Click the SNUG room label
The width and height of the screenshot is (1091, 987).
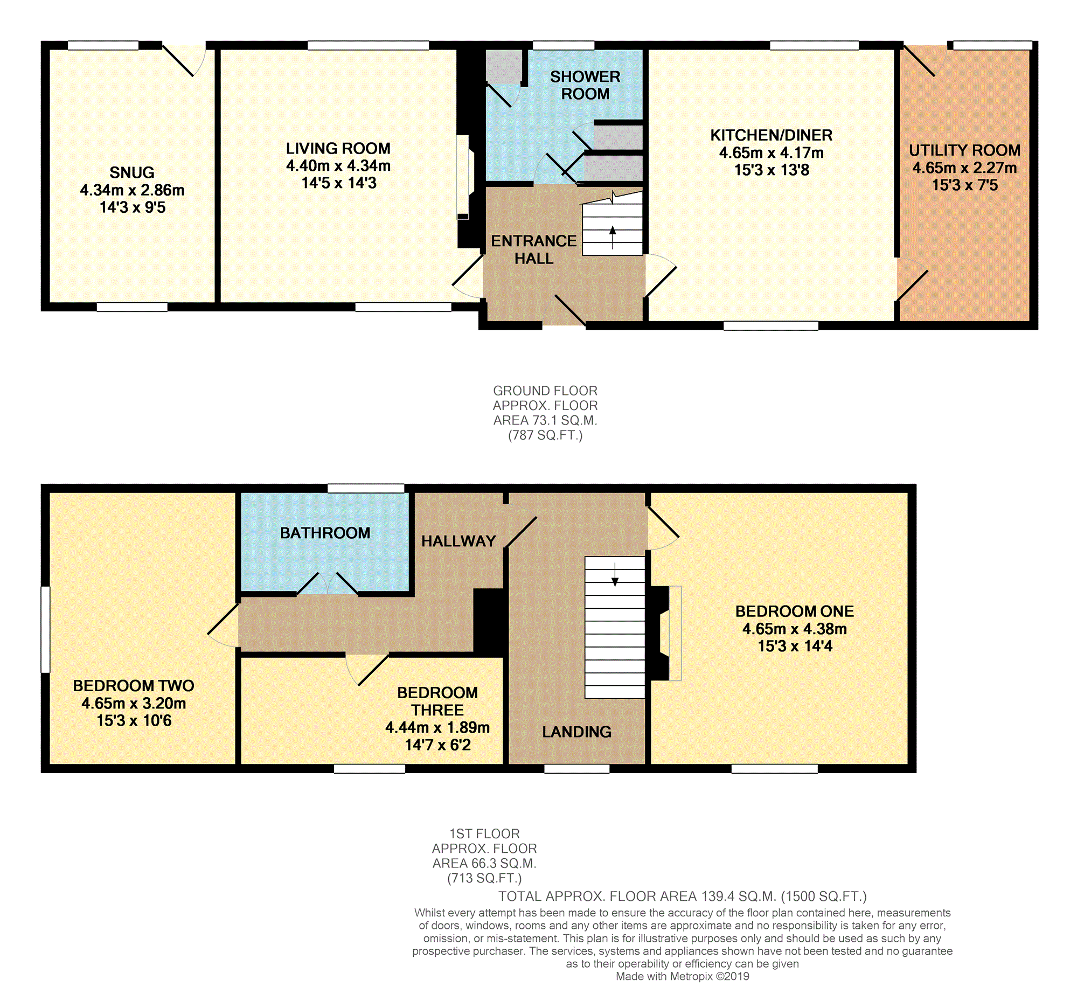tap(132, 172)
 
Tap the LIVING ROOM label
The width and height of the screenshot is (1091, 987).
tap(338, 148)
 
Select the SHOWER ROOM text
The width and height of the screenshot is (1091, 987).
tap(585, 85)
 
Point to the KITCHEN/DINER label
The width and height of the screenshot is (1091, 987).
tap(771, 135)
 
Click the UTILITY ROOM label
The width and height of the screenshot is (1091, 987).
tap(964, 150)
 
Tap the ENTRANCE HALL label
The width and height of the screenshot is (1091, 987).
tap(533, 249)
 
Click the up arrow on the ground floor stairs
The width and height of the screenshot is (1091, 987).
tap(613, 238)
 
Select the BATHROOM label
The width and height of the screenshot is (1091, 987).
tap(325, 533)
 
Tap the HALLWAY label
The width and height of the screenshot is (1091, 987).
tap(458, 541)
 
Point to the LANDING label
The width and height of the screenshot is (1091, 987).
tap(577, 732)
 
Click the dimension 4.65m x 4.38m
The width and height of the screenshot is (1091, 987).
tap(795, 629)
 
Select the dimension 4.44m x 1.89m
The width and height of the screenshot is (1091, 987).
tap(437, 727)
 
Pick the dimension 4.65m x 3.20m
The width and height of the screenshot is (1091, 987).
tap(134, 704)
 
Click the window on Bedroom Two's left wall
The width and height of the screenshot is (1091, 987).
tap(45, 630)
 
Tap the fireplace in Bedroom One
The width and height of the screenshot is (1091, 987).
tap(664, 633)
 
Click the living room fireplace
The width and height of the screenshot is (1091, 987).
tap(464, 177)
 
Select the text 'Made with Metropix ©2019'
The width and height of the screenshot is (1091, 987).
tap(683, 977)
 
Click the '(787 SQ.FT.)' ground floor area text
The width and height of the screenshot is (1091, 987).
tap(545, 436)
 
